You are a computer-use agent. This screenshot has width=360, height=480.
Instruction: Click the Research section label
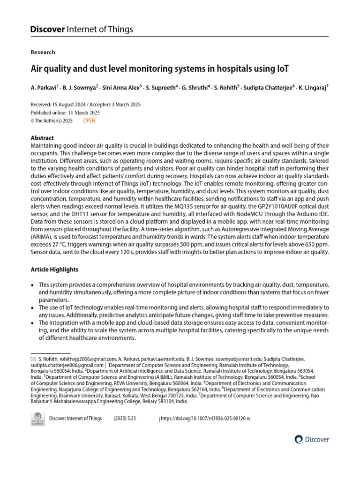[x=43, y=52]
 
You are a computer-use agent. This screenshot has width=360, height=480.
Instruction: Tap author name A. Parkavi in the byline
[x=46, y=88]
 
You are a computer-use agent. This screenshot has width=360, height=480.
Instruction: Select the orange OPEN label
[x=89, y=120]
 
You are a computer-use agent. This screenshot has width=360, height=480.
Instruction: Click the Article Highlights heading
[x=54, y=270]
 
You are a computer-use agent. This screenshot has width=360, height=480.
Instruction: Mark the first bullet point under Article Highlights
[x=32, y=285]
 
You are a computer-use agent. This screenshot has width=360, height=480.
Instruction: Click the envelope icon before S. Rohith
[x=33, y=359]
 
